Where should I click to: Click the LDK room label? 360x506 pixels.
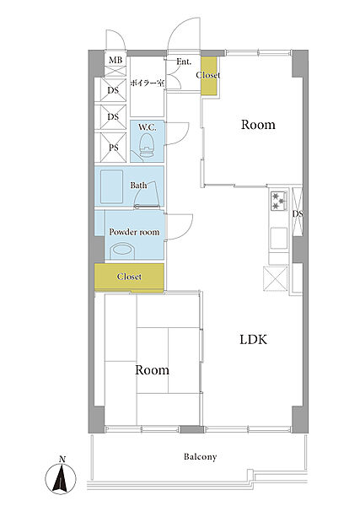[x=253, y=340]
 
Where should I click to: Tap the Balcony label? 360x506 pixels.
[x=201, y=456]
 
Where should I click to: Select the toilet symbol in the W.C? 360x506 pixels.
[x=147, y=146]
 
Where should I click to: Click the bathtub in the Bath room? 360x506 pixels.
[x=111, y=187]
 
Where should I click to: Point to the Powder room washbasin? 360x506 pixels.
[x=122, y=251]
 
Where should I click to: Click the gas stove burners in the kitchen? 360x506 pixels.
[x=279, y=201]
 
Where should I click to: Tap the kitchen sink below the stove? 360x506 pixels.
[x=279, y=238]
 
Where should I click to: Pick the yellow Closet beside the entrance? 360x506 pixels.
[x=209, y=76]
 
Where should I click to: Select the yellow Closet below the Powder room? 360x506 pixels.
[x=129, y=277]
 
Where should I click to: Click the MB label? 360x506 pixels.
[x=116, y=60]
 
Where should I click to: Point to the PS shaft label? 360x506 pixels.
[x=113, y=148]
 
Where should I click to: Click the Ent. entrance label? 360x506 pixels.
[x=184, y=62]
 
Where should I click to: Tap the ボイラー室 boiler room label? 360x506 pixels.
[x=148, y=83]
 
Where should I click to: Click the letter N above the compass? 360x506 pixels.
[x=62, y=460]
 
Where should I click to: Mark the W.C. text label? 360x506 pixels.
[x=148, y=127]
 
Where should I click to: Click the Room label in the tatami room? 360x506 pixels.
[x=152, y=370]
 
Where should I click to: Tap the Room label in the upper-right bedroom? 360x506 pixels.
[x=258, y=125]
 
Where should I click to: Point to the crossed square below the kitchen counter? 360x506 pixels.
[x=275, y=278]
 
